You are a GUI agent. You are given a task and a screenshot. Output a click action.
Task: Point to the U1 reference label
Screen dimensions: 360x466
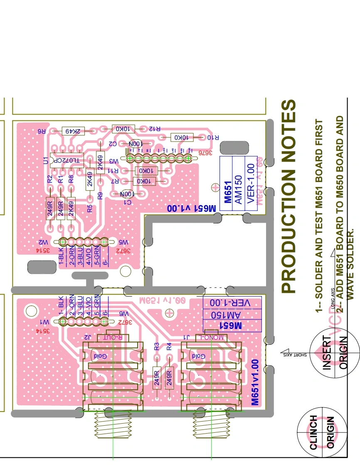pyautogui.click(x=46, y=160)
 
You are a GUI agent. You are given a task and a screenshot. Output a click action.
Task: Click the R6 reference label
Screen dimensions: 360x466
pyautogui.click(x=42, y=131)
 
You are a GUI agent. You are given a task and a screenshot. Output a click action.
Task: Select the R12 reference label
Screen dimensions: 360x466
pyautogui.click(x=154, y=129)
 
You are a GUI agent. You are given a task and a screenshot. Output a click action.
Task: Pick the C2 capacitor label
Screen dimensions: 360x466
pyautogui.click(x=112, y=143)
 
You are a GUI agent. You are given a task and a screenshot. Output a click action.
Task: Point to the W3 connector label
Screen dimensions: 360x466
pyautogui.click(x=113, y=161)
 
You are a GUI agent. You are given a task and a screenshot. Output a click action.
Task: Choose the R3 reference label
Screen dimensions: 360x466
pyautogui.click(x=157, y=346)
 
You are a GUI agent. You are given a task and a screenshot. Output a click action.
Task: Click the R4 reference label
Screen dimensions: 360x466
pyautogui.click(x=169, y=346)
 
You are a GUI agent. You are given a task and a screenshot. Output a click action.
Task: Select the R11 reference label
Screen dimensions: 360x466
pyautogui.click(x=113, y=171)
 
